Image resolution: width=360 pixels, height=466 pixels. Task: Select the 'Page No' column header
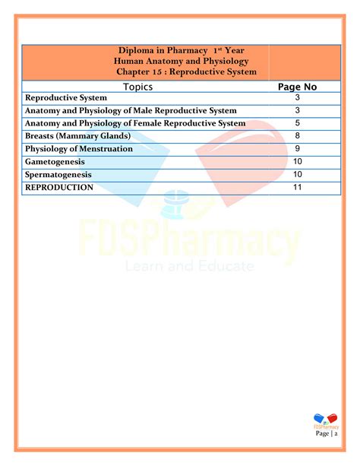[298, 87]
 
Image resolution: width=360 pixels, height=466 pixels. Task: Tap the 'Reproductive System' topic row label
[67, 99]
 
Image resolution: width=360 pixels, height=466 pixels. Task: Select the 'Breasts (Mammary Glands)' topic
[77, 136]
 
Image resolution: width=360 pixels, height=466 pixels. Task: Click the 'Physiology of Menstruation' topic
[79, 149]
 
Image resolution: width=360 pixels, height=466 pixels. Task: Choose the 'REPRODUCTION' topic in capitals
[59, 187]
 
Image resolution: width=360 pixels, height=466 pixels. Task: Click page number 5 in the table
[298, 123]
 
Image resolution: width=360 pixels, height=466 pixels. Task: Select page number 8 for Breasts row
[298, 136]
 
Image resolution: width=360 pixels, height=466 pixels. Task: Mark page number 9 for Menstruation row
[298, 149]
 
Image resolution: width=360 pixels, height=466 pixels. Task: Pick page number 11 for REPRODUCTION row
[298, 187]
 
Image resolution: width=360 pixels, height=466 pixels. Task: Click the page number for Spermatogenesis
[298, 174]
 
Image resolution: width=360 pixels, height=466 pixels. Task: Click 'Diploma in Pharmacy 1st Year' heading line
[181, 51]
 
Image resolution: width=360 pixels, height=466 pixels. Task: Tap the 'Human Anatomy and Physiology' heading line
[181, 62]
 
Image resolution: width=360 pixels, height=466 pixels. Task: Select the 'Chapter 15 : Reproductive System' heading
[187, 72]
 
